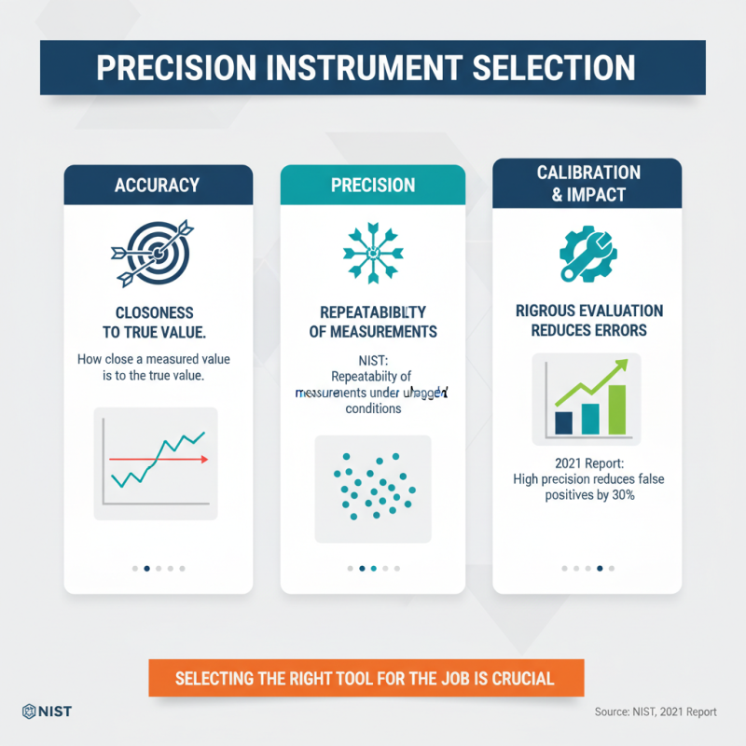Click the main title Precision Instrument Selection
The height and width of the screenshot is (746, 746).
pyautogui.click(x=373, y=69)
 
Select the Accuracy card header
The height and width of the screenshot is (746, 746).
pyautogui.click(x=158, y=185)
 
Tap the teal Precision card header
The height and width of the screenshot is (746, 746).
pyautogui.click(x=373, y=185)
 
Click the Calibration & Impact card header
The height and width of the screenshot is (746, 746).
pyautogui.click(x=587, y=183)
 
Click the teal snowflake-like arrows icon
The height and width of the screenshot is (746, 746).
pyautogui.click(x=373, y=250)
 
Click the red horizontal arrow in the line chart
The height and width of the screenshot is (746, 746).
pyautogui.click(x=159, y=459)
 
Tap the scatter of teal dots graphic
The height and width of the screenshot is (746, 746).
pyautogui.click(x=373, y=487)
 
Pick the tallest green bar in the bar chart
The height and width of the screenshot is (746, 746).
pyautogui.click(x=617, y=409)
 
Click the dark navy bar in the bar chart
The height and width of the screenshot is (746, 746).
pyautogui.click(x=563, y=422)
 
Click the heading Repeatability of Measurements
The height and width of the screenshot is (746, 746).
pyautogui.click(x=373, y=322)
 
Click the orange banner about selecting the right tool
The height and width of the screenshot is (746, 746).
pyautogui.click(x=366, y=678)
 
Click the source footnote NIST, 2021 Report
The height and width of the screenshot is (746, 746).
pyautogui.click(x=656, y=711)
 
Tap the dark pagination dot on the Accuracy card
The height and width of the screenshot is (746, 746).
pyautogui.click(x=146, y=567)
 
